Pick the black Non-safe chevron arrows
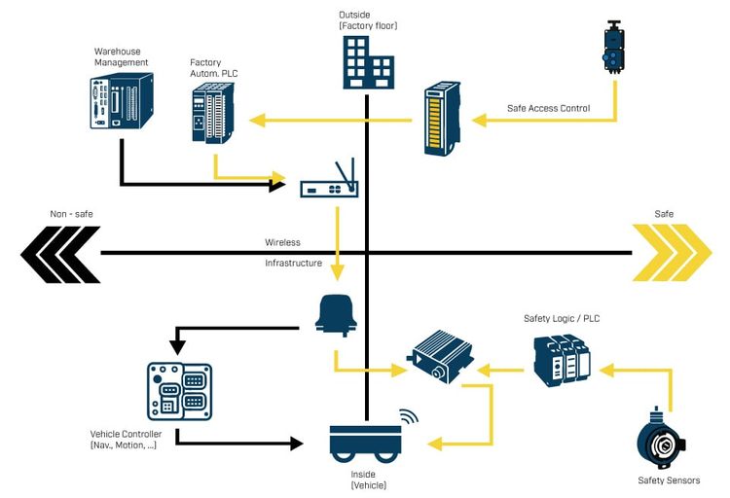tap(58, 253)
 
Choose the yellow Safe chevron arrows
tap(672, 253)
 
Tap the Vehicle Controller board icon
tap(179, 390)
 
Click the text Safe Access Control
tap(549, 108)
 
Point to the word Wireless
tap(282, 242)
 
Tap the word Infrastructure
tap(293, 263)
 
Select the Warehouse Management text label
tap(121, 56)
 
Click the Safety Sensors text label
tap(669, 480)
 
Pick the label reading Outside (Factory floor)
tap(368, 20)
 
